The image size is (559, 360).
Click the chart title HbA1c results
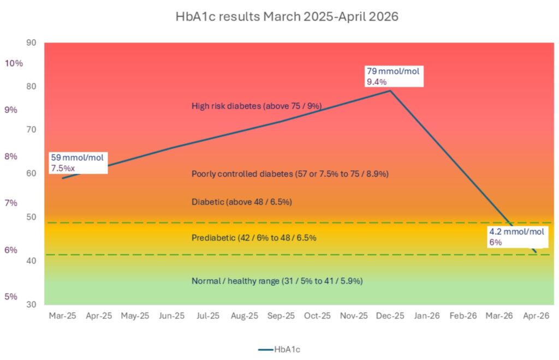point(287,17)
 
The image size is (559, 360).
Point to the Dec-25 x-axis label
point(390,315)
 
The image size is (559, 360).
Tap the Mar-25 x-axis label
point(62,315)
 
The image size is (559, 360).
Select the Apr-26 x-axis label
point(536,315)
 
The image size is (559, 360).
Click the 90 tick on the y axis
point(31,43)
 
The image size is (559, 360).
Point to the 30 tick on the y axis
point(31,304)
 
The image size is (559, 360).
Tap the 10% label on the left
point(14,63)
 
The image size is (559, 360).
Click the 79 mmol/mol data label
point(394,76)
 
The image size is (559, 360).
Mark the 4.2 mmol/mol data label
point(516,237)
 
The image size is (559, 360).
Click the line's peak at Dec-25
point(390,91)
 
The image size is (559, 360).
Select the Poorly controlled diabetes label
point(290,174)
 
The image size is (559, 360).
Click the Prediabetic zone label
point(254,237)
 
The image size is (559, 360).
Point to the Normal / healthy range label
point(277,281)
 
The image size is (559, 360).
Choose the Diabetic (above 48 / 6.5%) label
point(242,202)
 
